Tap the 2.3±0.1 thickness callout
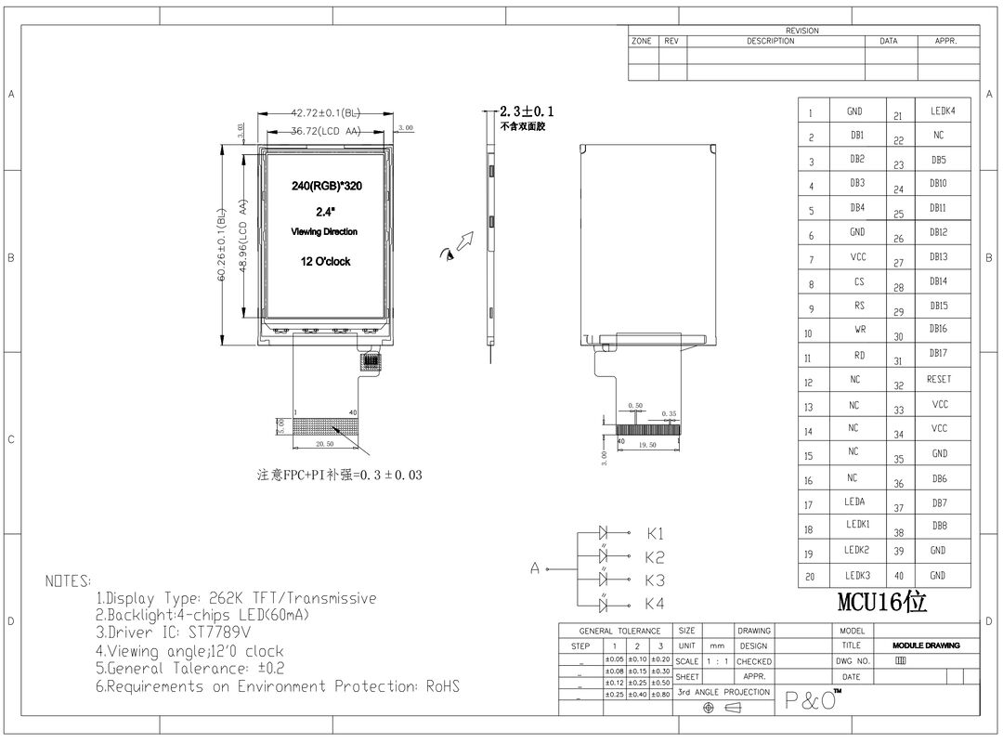coord(527,111)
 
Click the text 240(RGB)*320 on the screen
coord(326,187)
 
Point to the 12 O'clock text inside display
coord(325,262)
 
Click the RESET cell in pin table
coord(938,379)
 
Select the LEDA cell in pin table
coord(854,502)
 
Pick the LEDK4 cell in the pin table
coord(942,111)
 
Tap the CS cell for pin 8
coord(859,280)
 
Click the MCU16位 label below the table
coord(881,602)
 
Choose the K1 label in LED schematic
coord(656,534)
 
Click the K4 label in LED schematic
coord(656,604)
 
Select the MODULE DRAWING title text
coord(926,645)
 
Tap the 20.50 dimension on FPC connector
coord(324,444)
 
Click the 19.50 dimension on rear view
coord(646,445)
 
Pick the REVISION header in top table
coord(801,31)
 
